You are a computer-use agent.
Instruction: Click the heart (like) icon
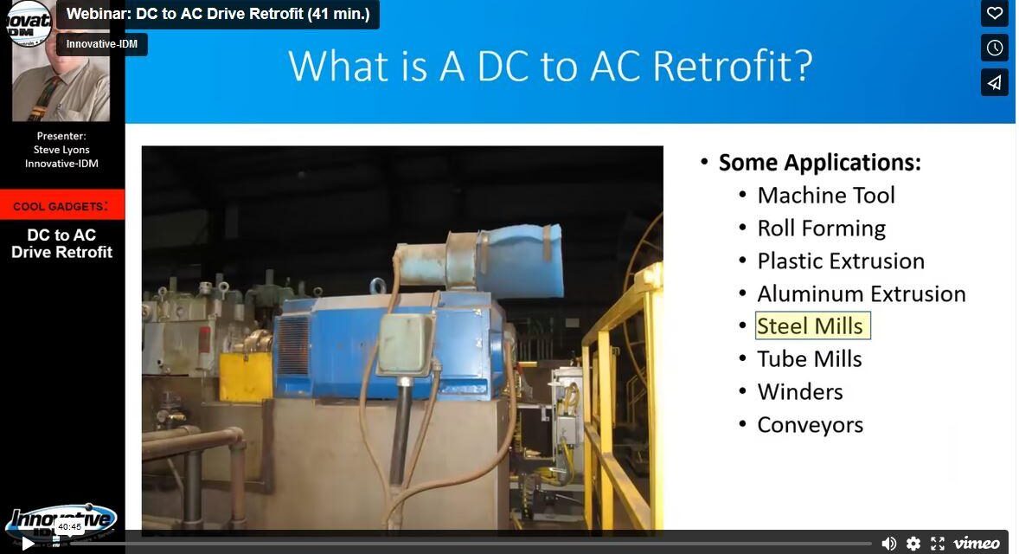coord(995,13)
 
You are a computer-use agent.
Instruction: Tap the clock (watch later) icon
coord(995,48)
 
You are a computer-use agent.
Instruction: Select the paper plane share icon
coord(995,82)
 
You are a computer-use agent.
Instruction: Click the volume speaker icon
coord(888,543)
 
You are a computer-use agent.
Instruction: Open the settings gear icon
coord(913,543)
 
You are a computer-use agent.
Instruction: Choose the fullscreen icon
coord(938,543)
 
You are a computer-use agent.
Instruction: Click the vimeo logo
coord(977,543)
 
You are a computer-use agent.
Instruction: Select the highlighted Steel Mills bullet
coord(811,326)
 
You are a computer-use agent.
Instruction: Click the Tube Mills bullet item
coord(810,359)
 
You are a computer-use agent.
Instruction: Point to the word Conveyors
coord(811,425)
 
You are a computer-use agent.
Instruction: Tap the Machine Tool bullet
coord(826,196)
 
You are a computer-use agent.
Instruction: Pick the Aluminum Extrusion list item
coord(862,294)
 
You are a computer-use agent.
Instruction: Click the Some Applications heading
coord(819,163)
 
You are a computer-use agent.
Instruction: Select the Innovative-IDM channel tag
coord(102,44)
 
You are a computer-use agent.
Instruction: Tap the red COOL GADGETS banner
coord(61,206)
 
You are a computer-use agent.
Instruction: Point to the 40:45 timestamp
coord(69,526)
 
